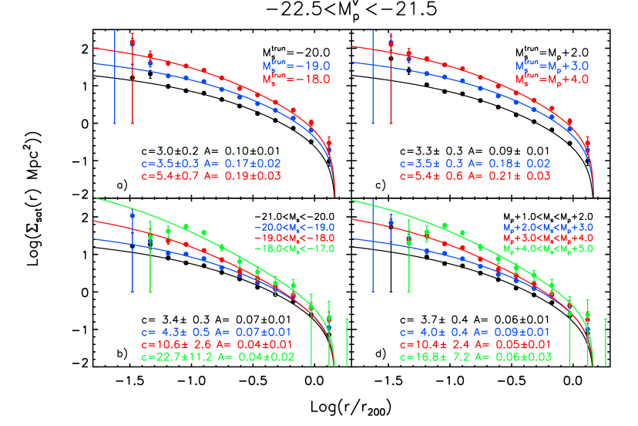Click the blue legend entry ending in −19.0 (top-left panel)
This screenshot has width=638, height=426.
click(x=297, y=66)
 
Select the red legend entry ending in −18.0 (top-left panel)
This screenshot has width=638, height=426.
click(x=297, y=79)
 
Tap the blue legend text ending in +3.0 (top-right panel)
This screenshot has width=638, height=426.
click(x=552, y=67)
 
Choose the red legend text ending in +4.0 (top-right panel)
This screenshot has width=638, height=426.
click(x=552, y=79)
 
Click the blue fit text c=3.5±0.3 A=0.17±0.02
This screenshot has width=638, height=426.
click(x=210, y=164)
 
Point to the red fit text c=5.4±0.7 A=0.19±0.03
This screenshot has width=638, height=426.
click(x=210, y=176)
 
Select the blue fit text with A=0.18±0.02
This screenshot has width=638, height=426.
click(x=475, y=164)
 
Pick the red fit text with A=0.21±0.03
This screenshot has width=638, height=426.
click(x=475, y=176)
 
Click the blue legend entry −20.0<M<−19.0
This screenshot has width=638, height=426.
click(x=294, y=228)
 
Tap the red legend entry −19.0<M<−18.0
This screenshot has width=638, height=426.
click(x=294, y=238)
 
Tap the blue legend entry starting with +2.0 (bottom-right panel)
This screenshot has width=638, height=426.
click(x=548, y=228)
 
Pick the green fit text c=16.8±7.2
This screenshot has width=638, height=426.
click(x=475, y=357)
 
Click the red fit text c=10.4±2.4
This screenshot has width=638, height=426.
click(x=475, y=344)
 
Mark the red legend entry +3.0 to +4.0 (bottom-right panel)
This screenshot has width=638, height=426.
click(x=548, y=238)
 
